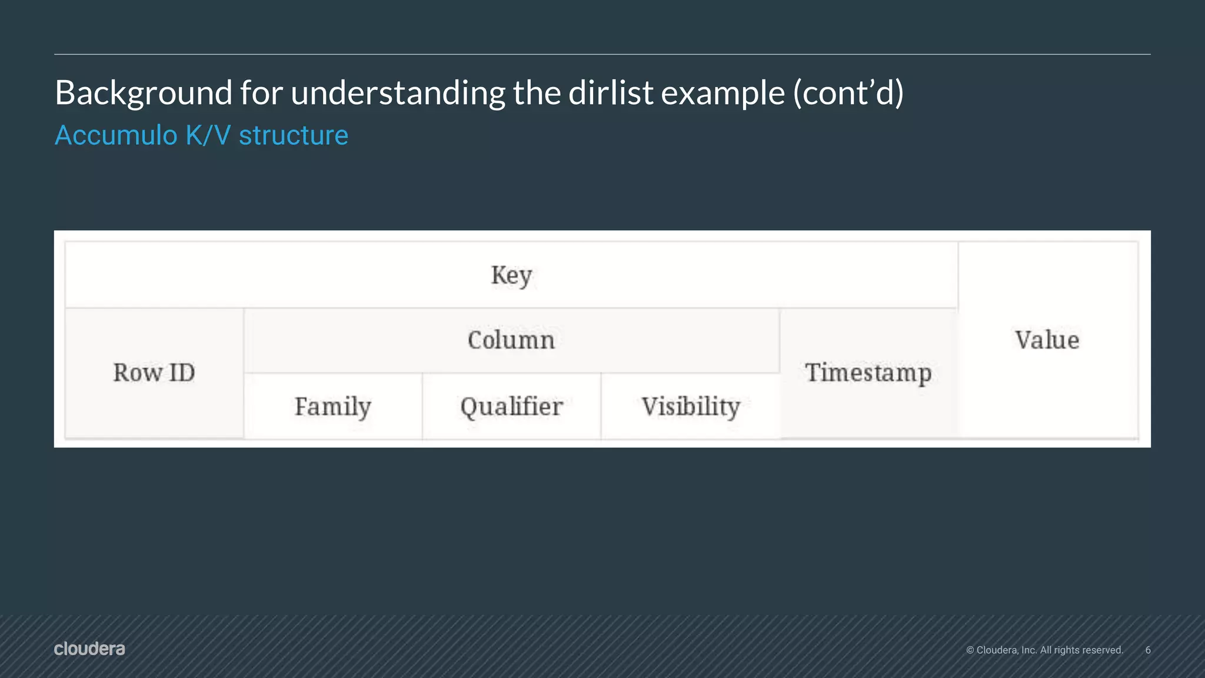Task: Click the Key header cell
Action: (511, 275)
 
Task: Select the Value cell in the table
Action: (1047, 340)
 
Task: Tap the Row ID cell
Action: (154, 373)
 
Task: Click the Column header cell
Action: (511, 340)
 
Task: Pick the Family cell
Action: (333, 407)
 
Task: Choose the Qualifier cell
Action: (511, 407)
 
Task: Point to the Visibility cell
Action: (691, 407)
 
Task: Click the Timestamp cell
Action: (868, 373)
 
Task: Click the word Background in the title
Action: (143, 93)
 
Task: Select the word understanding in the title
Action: (397, 93)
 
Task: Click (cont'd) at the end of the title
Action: (848, 93)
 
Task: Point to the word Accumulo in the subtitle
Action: (116, 135)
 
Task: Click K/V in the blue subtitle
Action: (208, 135)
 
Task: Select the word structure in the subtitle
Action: (293, 135)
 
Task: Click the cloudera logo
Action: (89, 649)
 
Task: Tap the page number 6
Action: (1147, 650)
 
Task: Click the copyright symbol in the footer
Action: (970, 650)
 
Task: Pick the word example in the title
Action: (723, 93)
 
